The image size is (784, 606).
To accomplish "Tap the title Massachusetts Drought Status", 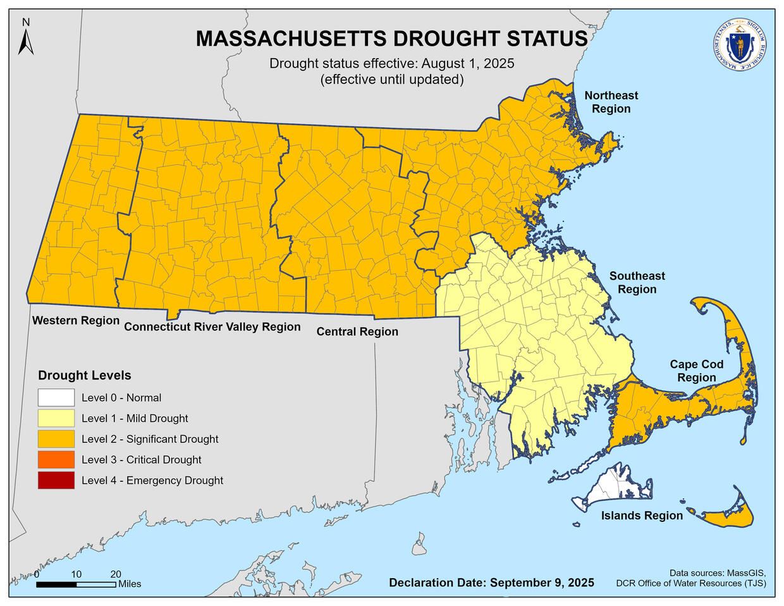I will [x=391, y=38].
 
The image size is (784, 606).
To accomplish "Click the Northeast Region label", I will [x=611, y=102].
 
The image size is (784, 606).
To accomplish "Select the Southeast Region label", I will [x=637, y=283].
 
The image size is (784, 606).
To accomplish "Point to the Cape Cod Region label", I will [x=697, y=371].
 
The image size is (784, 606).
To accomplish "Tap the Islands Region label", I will [x=642, y=516].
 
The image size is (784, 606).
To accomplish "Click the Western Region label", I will [x=76, y=321].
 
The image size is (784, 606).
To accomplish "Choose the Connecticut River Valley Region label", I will [x=212, y=327].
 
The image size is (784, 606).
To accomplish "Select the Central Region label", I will [x=357, y=331].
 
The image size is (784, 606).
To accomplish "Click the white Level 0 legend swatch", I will [x=56, y=398].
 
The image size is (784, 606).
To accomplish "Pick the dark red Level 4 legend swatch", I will [x=56, y=480].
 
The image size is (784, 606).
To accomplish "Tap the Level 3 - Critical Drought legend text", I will [x=141, y=460].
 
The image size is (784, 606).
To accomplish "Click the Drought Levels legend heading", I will [x=85, y=375].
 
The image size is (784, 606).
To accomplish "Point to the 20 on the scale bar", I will [x=116, y=574].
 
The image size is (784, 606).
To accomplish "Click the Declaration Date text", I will [x=491, y=583].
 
